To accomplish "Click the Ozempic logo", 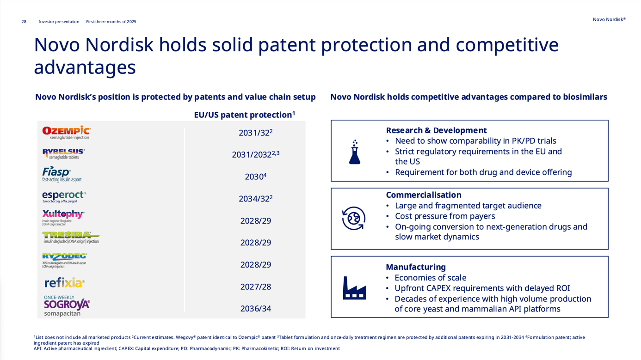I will (x=67, y=132).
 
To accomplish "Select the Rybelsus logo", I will (x=64, y=153).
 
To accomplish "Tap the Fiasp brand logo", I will (x=62, y=174).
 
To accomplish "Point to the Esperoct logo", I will (x=64, y=196).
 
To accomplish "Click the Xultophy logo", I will (x=63, y=217).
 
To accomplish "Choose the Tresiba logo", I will (x=70, y=238).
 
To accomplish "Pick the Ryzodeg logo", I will (x=64, y=260).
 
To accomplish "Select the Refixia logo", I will (x=65, y=283).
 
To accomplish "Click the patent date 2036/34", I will (x=255, y=309).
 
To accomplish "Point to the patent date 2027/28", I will (x=255, y=287).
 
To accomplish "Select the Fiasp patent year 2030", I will (x=255, y=177).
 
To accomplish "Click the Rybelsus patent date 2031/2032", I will (x=255, y=154).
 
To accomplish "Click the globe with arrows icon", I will (x=354, y=219).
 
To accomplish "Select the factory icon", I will (x=354, y=287).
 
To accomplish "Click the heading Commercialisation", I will (x=423, y=195).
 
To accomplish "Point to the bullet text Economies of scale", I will (x=430, y=278).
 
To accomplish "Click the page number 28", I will (x=24, y=22).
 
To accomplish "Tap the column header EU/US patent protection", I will (x=244, y=115).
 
